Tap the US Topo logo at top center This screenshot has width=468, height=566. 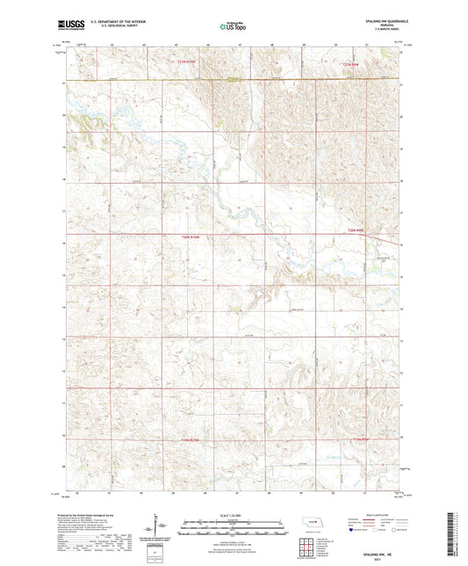(233, 27)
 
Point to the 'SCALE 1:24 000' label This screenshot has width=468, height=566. (233, 516)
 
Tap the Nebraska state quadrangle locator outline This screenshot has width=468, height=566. (303, 528)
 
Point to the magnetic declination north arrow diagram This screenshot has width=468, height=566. (158, 531)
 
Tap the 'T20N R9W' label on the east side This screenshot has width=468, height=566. (354, 231)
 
